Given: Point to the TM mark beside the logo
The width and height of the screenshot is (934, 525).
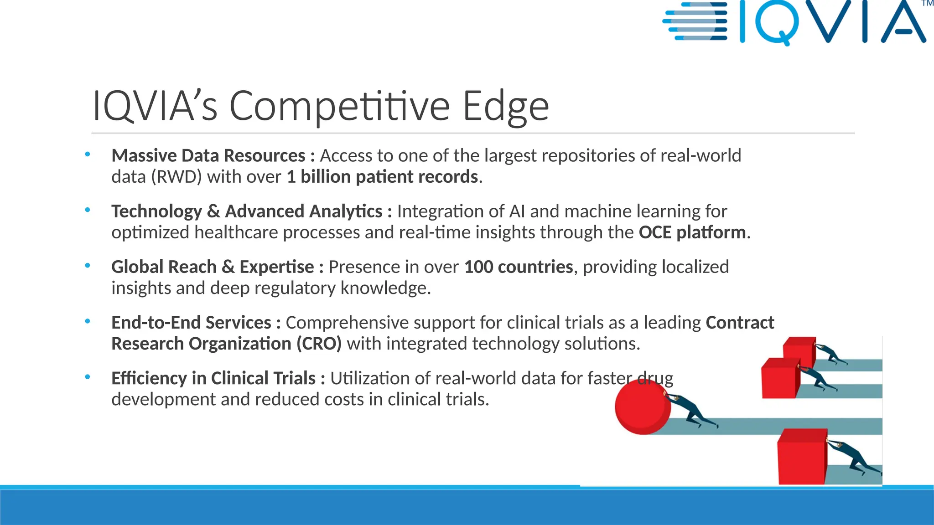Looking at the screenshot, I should pos(927,4).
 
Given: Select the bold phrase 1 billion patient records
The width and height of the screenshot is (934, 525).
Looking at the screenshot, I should pos(382,177).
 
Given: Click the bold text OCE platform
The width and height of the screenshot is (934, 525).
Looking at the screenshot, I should pos(692,232).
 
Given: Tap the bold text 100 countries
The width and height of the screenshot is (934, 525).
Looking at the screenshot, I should pos(518,267).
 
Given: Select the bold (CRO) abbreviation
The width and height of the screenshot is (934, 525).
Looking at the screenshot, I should pos(319,344).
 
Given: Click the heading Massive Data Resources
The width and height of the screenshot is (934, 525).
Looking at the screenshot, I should pos(208,156).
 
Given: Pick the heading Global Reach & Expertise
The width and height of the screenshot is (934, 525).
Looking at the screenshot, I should pos(212,267).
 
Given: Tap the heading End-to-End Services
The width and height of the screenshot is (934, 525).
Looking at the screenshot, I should pos(191,323).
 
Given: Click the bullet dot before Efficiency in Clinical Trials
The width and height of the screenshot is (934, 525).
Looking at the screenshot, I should pos(88,377).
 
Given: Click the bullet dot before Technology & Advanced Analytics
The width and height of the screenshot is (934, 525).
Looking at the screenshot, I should pos(88,211).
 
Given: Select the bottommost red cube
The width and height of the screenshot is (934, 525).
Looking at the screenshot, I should pos(802,457).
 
